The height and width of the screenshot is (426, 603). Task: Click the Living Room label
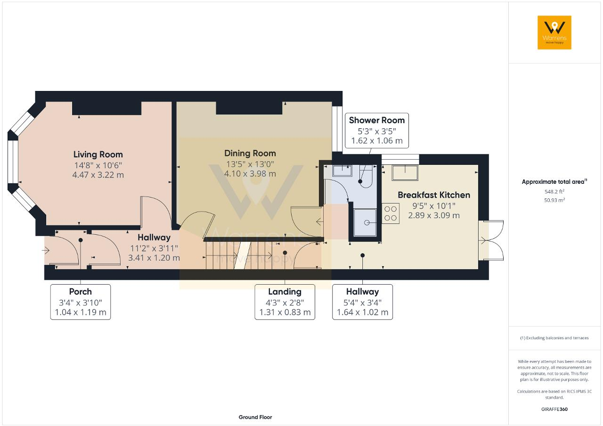point(98,155)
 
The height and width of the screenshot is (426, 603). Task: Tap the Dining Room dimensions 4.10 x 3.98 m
point(250,174)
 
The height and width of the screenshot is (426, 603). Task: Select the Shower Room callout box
point(376,131)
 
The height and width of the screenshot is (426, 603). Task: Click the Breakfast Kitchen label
point(434,195)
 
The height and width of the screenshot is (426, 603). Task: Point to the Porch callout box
point(81,302)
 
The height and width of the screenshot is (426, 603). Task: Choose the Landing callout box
point(285,302)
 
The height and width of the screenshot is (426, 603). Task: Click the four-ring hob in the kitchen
point(391,213)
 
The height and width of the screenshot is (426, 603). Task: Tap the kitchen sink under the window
point(405,172)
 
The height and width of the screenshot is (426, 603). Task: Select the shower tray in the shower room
point(365,222)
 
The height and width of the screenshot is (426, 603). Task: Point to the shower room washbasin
point(342,171)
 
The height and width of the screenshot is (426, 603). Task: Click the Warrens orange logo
point(554,33)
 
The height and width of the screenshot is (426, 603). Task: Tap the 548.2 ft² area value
point(554,192)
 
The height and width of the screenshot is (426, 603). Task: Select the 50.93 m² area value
point(554,200)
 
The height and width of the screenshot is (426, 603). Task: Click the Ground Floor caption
point(255,417)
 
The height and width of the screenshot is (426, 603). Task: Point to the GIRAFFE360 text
point(554,410)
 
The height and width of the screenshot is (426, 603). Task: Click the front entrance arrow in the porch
point(46,251)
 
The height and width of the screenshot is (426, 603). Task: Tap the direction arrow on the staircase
point(239,255)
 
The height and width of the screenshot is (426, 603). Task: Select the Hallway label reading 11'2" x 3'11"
point(154,248)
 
